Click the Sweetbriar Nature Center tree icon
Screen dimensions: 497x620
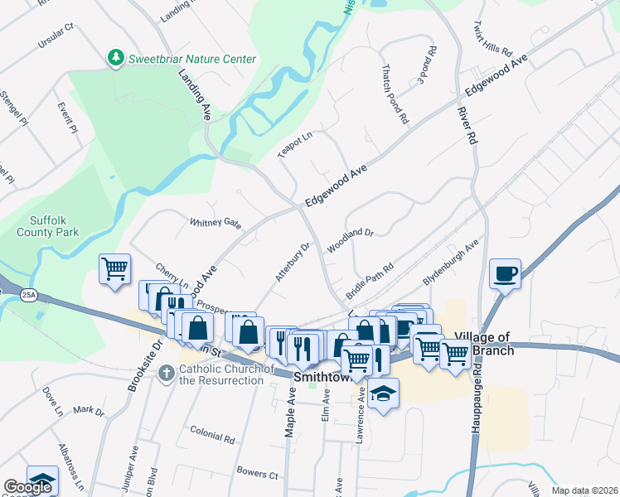115,58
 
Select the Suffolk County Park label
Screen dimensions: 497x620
47,226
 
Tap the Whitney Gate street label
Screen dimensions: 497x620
216,222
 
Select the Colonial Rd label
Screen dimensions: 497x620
212,435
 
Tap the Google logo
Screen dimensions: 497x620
27,487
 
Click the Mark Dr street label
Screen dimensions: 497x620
89,410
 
